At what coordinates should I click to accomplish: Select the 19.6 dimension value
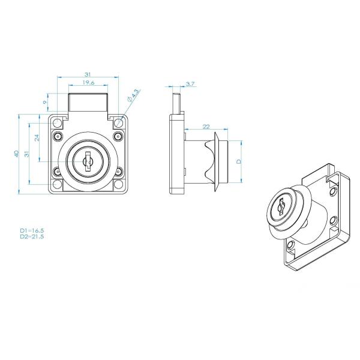pos(88,83)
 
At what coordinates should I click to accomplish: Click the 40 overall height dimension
pos(17,154)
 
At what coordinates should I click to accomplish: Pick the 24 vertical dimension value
pos(37,137)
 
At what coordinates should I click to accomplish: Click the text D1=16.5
pos(32,230)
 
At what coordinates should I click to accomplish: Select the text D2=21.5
pos(32,236)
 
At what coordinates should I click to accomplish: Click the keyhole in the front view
pos(88,162)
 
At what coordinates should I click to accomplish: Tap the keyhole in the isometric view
pos(280,206)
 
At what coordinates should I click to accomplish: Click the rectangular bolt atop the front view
pos(88,102)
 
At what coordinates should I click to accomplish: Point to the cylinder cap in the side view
pos(223,162)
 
